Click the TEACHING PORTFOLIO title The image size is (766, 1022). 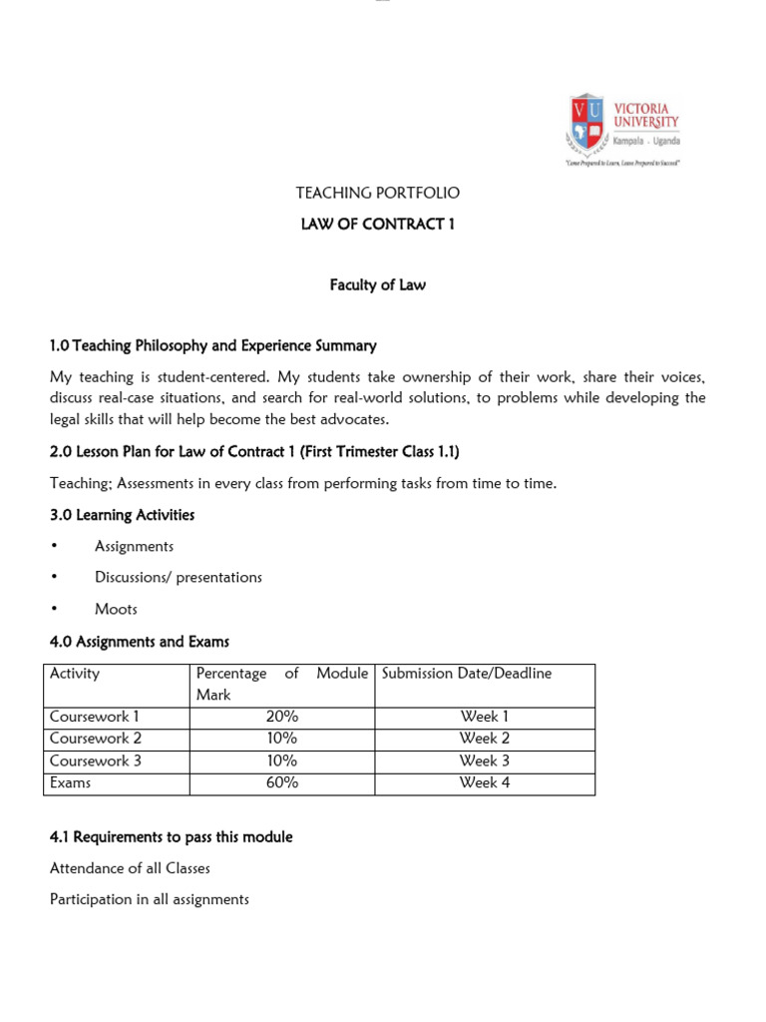377,193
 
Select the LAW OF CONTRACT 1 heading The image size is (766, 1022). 377,224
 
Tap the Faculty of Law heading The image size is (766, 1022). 377,284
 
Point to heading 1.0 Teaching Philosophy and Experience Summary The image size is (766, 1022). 213,345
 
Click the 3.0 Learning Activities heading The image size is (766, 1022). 122,515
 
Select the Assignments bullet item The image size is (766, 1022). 134,546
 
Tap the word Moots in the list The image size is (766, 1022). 116,609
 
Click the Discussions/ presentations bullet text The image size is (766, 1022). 179,577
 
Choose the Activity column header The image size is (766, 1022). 75,674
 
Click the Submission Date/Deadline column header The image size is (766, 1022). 467,674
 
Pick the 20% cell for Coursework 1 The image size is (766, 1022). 282,717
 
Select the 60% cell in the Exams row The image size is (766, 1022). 282,782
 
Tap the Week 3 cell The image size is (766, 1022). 484,761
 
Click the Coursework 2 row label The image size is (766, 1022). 96,739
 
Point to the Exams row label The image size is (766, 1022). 70,782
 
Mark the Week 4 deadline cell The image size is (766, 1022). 484,782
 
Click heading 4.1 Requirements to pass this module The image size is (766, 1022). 171,836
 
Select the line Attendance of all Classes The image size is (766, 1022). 130,868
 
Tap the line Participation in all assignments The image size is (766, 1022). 149,899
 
